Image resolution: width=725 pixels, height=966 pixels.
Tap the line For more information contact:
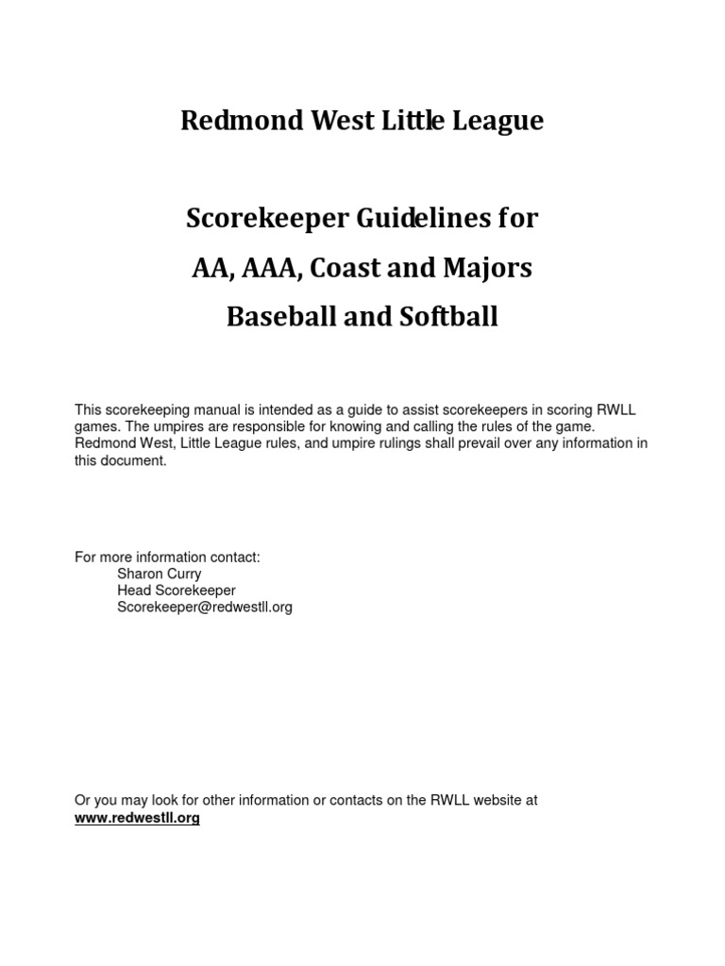[167, 557]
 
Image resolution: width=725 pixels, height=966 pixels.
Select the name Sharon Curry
[159, 574]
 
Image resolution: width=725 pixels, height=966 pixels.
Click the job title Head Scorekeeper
[177, 591]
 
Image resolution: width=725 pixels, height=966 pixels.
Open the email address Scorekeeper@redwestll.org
[205, 608]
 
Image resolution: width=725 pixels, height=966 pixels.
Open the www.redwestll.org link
[137, 818]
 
